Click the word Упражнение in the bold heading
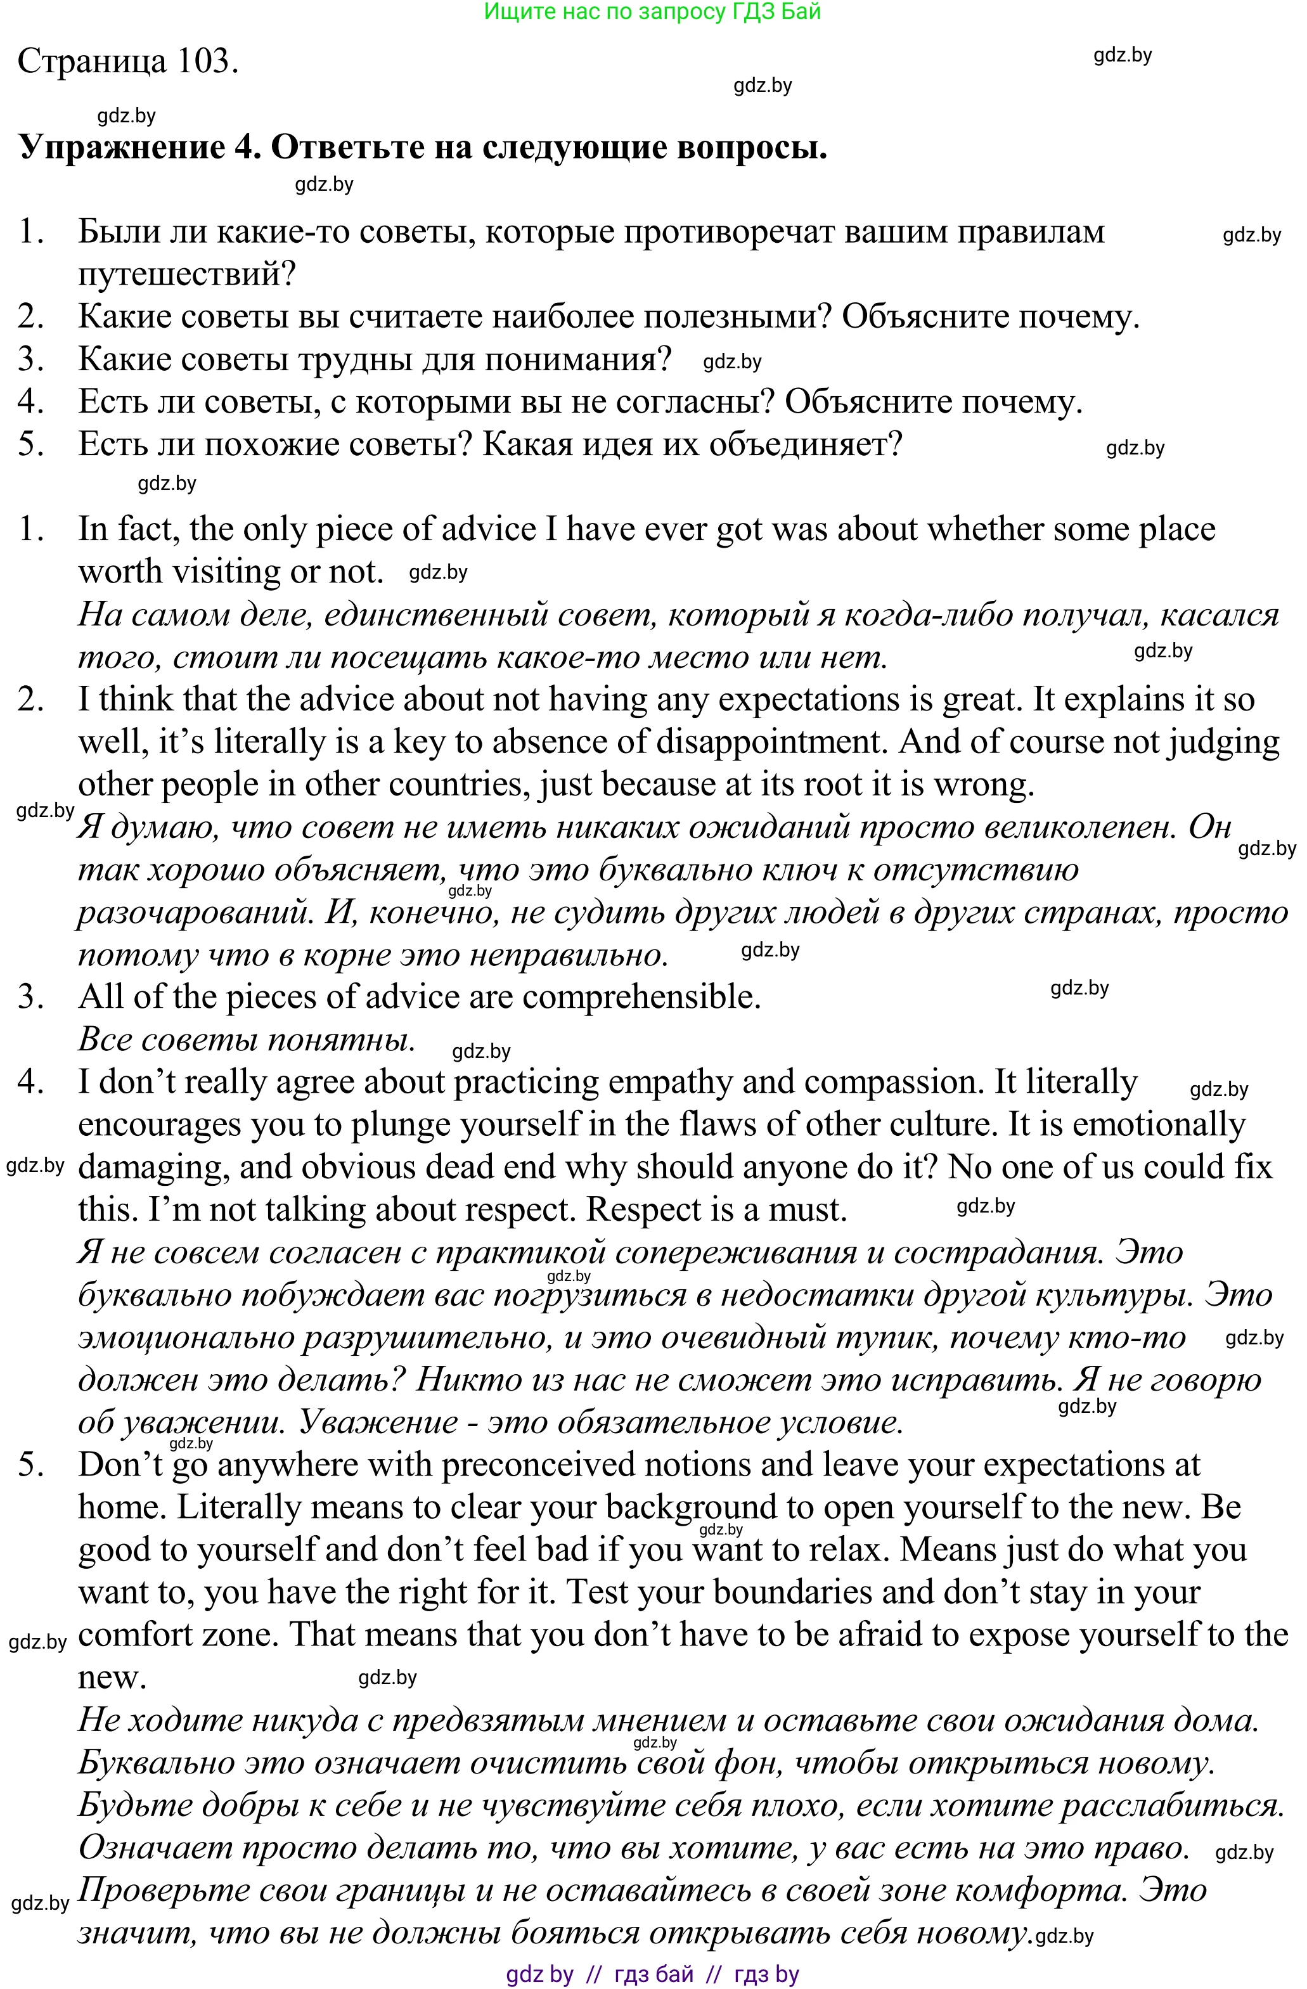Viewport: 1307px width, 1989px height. click(122, 147)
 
